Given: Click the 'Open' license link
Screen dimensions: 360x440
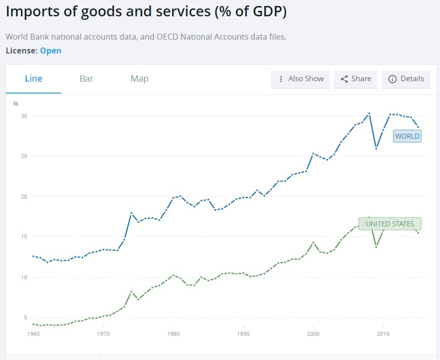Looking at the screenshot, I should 51,51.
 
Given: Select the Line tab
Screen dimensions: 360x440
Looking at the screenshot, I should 34,79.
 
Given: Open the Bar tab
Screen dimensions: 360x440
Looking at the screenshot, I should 86,79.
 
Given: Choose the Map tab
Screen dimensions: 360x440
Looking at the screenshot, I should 139,79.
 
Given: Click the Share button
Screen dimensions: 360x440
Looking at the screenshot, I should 356,79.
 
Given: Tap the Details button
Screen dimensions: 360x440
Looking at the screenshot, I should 406,79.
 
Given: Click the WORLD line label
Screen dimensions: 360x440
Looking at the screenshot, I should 407,136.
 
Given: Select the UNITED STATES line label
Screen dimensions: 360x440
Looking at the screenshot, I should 389,224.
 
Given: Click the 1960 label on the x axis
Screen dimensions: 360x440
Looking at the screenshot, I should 33,334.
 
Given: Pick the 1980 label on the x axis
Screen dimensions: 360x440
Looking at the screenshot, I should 173,334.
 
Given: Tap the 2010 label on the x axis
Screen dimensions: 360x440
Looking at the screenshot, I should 383,334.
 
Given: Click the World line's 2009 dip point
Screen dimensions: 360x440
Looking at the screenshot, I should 376,148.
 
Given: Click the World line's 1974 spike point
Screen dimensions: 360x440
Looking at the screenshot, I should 131,213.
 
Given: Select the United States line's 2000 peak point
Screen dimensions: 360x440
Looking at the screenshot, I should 313,242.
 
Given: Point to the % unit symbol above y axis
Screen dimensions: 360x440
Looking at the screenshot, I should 16,104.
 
